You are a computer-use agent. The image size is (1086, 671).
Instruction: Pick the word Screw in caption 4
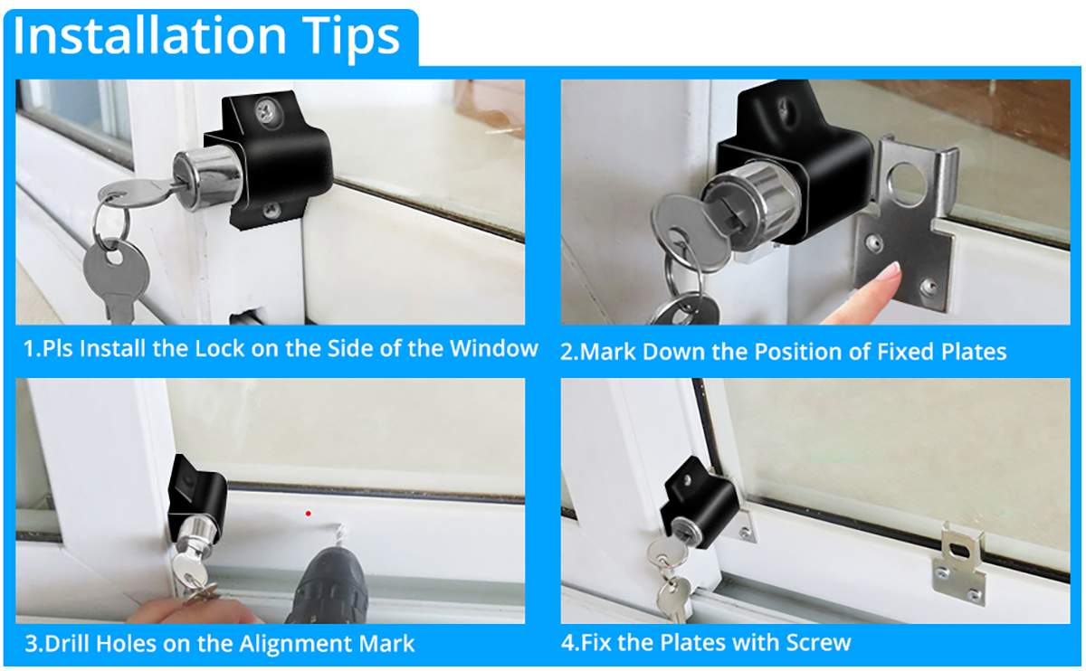818,643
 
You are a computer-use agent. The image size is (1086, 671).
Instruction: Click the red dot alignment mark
309,514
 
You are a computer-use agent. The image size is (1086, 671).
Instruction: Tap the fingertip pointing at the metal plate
892,269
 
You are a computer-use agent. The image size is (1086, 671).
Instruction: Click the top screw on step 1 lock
268,111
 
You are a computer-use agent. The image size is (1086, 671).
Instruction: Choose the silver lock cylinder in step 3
195,539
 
